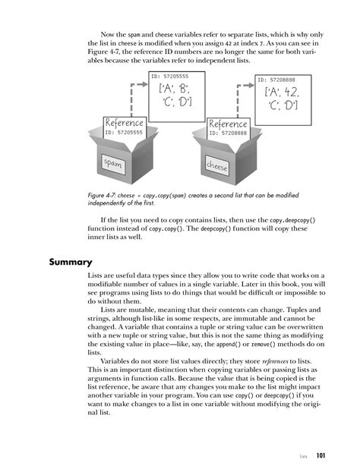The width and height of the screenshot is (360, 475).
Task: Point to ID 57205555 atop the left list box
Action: [168, 76]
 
